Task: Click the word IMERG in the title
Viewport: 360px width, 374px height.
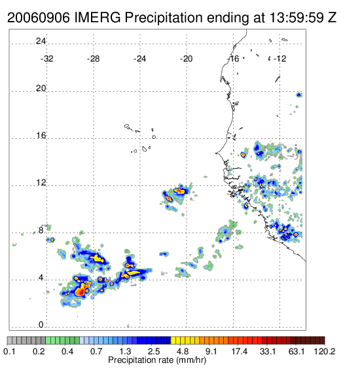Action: click(98, 18)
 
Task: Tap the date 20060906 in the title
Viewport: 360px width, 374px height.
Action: click(39, 18)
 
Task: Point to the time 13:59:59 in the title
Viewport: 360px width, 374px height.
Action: click(296, 18)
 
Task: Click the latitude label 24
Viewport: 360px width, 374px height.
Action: click(41, 41)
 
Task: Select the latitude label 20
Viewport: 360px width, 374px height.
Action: click(41, 88)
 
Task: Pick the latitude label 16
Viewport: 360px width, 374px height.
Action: click(41, 136)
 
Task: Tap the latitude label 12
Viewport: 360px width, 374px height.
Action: click(41, 183)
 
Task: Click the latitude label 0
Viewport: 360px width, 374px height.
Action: click(41, 325)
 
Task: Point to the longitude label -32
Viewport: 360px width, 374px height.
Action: click(46, 59)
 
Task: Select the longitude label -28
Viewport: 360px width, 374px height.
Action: click(93, 59)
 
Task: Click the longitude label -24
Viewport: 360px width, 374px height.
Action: click(139, 59)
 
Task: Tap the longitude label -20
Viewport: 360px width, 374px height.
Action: click(186, 59)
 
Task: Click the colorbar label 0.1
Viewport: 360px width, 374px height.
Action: click(10, 351)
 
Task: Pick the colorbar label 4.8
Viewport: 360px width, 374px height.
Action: click(183, 351)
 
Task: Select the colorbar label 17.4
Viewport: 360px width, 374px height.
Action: click(240, 351)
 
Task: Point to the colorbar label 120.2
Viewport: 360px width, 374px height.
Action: click(325, 351)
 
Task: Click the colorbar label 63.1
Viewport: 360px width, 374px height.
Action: click(297, 351)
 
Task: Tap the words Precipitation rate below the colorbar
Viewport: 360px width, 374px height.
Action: click(141, 360)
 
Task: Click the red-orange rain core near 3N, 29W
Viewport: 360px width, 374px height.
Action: click(81, 291)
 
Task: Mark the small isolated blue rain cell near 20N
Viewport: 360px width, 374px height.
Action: click(299, 95)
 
